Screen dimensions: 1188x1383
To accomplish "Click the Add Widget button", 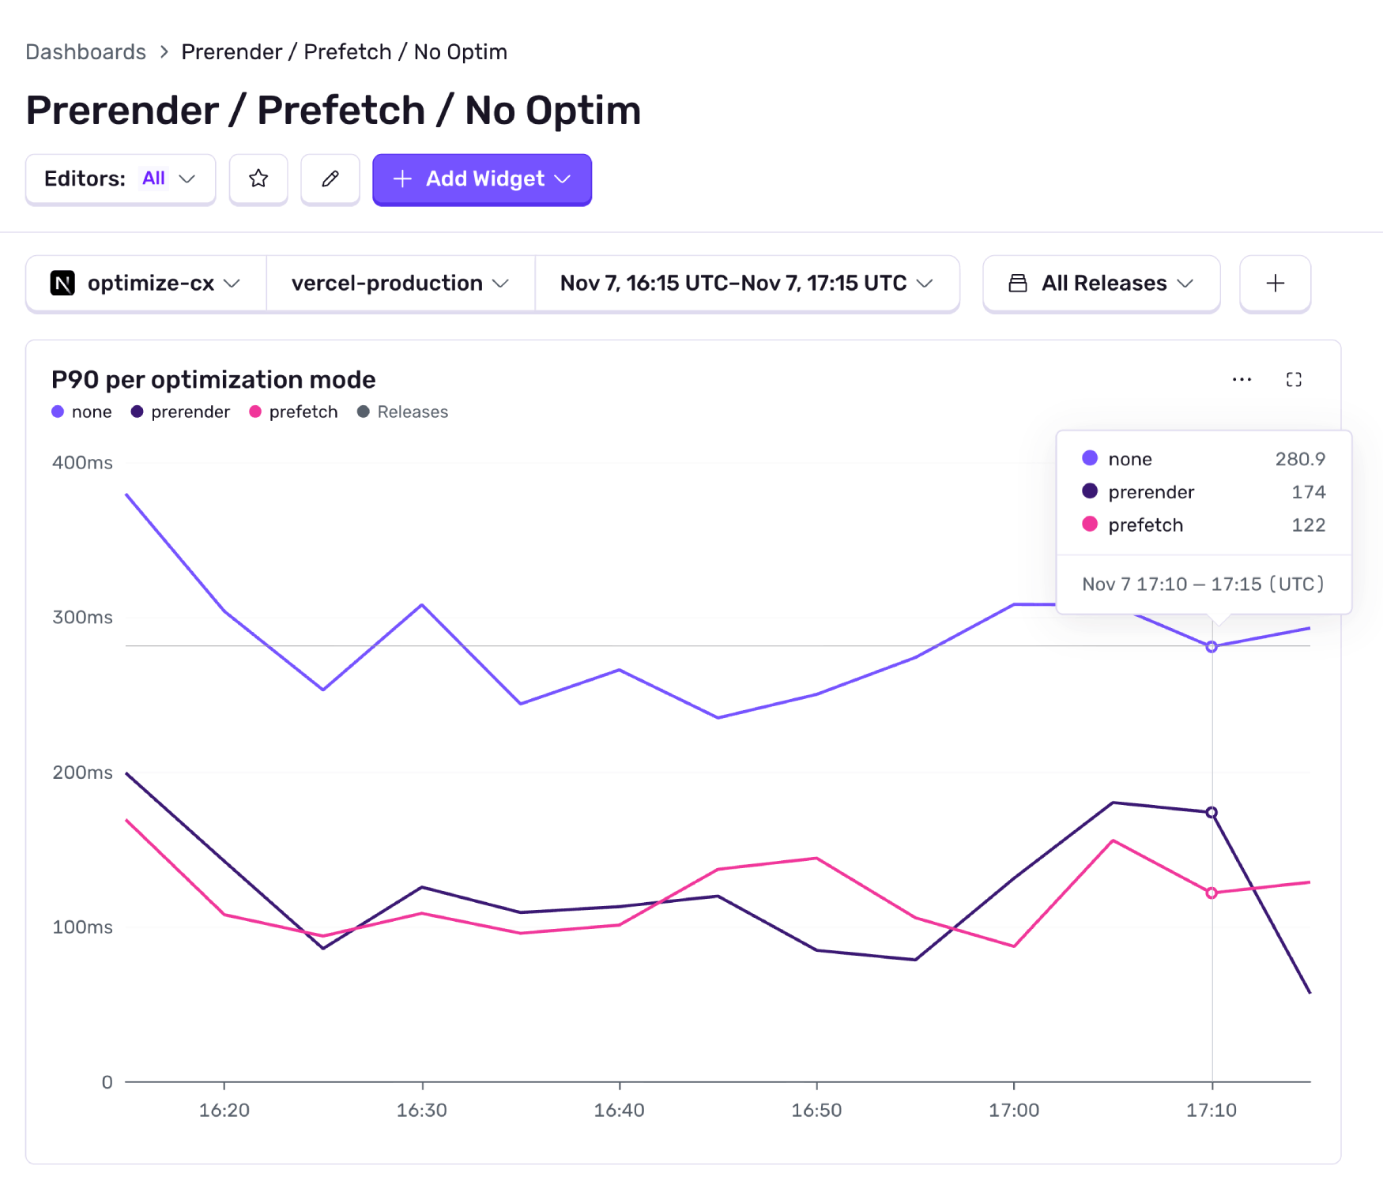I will coord(482,179).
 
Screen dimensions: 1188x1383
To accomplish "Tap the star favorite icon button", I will coord(258,179).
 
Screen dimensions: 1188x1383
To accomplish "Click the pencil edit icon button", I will coord(330,179).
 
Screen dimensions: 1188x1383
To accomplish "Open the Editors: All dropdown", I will coord(120,179).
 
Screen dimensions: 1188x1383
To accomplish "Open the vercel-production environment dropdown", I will coord(400,284).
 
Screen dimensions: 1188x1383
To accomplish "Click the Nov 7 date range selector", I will coord(746,284).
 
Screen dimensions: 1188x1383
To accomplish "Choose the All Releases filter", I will coord(1101,284).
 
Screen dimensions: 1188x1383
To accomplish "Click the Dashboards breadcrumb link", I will coord(85,52).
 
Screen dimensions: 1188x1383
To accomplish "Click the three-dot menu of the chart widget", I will coord(1242,380).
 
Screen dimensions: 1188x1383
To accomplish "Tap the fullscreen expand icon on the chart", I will coord(1294,380).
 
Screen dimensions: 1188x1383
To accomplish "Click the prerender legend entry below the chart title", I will coord(181,412).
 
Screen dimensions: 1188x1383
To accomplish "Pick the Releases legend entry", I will coord(403,412).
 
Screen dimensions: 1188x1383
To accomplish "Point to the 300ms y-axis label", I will coord(82,618).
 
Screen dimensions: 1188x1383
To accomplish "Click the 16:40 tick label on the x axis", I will coord(619,1110).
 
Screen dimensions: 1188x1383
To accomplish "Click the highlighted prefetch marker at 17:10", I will coord(1212,893).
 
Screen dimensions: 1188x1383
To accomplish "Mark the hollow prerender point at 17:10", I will coord(1212,813).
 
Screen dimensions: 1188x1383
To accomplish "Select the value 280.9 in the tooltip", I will coord(1299,459).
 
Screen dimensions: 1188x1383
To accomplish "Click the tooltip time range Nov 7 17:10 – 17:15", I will coord(1203,585).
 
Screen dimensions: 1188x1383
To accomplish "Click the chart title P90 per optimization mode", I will coord(213,380).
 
